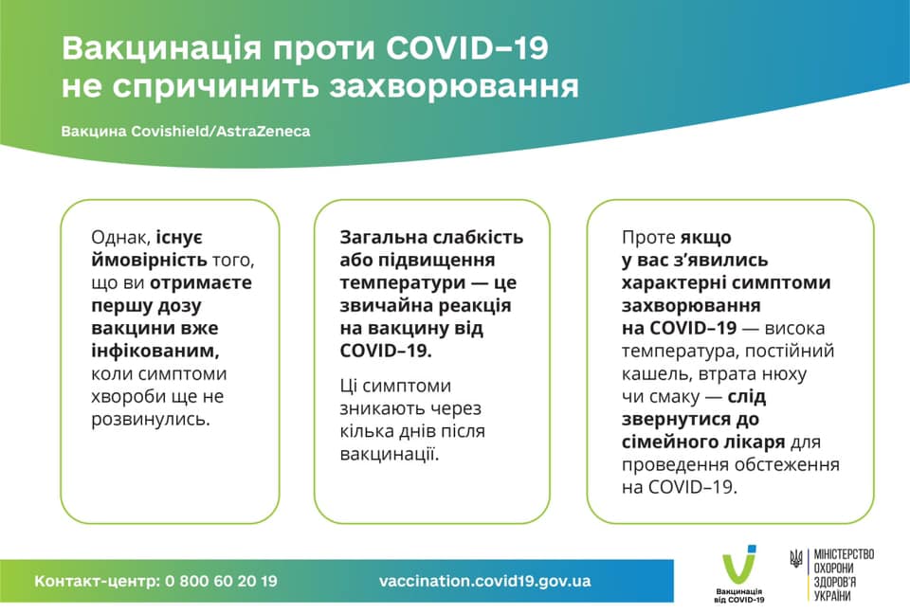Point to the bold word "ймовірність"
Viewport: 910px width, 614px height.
click(140, 261)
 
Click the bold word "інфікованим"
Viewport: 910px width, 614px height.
click(154, 351)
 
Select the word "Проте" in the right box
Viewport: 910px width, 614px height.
click(649, 238)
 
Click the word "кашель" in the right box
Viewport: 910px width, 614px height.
click(651, 373)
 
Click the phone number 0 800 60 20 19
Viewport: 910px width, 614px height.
click(221, 581)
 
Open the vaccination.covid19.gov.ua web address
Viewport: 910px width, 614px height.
click(484, 581)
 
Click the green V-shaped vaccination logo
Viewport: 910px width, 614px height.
click(739, 567)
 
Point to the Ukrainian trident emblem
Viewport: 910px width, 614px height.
click(795, 560)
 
